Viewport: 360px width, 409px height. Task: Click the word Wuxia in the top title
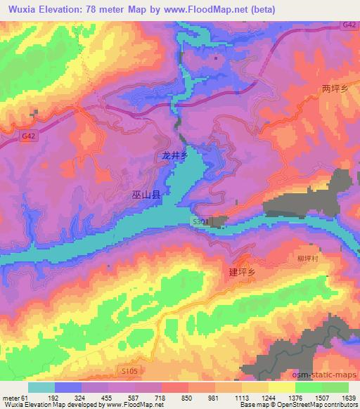click(x=21, y=9)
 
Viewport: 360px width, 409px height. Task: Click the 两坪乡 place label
click(x=335, y=89)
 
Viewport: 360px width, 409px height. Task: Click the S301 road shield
click(x=202, y=221)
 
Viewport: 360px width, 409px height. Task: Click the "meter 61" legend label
click(x=15, y=397)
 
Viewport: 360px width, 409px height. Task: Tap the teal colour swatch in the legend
click(x=41, y=387)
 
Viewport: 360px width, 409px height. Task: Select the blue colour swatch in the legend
click(x=68, y=387)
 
